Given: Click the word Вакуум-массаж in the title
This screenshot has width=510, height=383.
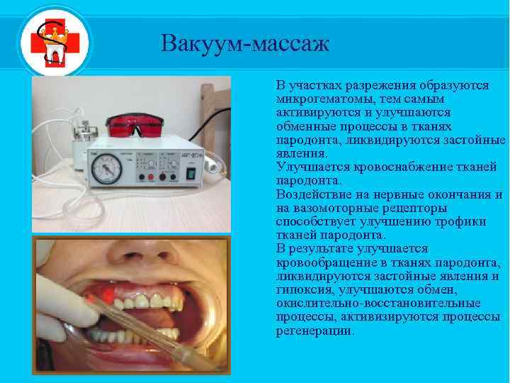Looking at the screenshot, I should [x=245, y=44].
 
